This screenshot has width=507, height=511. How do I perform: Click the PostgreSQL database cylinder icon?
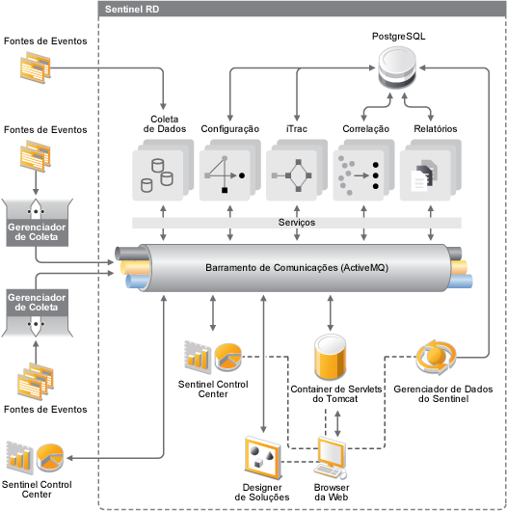pos(397,67)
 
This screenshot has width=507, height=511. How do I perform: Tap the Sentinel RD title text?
pos(132,9)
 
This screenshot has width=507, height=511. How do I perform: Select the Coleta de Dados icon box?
pos(163,170)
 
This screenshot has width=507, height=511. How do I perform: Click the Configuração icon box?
pos(230,170)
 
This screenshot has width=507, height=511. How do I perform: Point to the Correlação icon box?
pos(363,170)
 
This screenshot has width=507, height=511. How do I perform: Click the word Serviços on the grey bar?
pos(297,223)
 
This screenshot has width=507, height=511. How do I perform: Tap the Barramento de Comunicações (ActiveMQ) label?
pos(297,268)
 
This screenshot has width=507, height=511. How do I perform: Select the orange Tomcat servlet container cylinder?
pos(330,357)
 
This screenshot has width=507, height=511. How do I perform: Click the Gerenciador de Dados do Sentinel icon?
pos(436,357)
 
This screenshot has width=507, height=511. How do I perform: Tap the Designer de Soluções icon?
pos(263,458)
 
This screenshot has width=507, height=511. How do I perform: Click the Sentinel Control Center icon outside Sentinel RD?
pos(36,458)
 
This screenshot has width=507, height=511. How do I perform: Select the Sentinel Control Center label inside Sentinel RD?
pos(213,390)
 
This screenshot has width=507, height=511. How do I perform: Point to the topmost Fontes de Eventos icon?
pos(36,67)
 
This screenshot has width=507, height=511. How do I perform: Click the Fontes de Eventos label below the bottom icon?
pos(45,410)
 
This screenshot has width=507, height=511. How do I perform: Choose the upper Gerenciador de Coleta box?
pos(37,223)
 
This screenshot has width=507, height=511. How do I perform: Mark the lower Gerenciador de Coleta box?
pos(37,312)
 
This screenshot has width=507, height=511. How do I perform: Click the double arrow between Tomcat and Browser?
pos(337,423)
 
